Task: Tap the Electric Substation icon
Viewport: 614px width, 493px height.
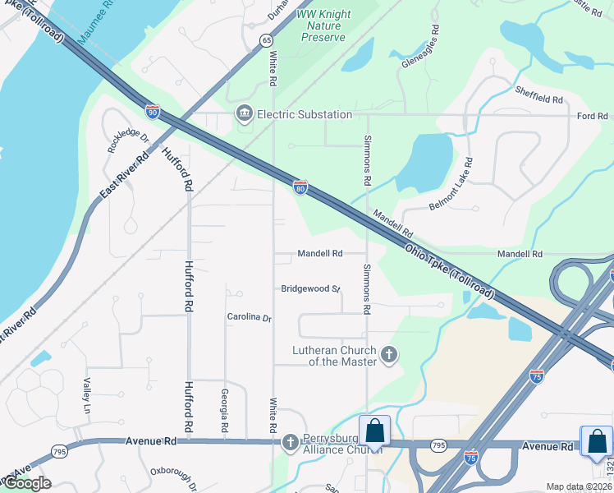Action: [244, 113]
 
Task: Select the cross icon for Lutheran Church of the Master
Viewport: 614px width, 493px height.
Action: [389, 356]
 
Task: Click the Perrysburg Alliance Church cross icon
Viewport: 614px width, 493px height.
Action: [290, 443]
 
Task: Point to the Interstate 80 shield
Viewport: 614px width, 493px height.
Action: [300, 187]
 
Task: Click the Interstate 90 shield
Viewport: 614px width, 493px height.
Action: [153, 110]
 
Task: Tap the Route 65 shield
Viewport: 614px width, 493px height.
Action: [267, 39]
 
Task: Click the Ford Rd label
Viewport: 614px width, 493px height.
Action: [591, 116]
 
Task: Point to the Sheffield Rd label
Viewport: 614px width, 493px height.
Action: [538, 94]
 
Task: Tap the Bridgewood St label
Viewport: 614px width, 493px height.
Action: [310, 289]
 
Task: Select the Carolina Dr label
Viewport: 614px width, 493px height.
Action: [249, 317]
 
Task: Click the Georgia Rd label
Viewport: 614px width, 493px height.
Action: [223, 411]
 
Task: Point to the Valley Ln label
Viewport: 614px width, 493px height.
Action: [86, 395]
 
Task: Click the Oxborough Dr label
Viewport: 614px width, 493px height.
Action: [173, 478]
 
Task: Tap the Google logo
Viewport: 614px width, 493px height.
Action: [27, 483]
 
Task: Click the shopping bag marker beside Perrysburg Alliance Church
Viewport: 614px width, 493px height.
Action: [374, 431]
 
